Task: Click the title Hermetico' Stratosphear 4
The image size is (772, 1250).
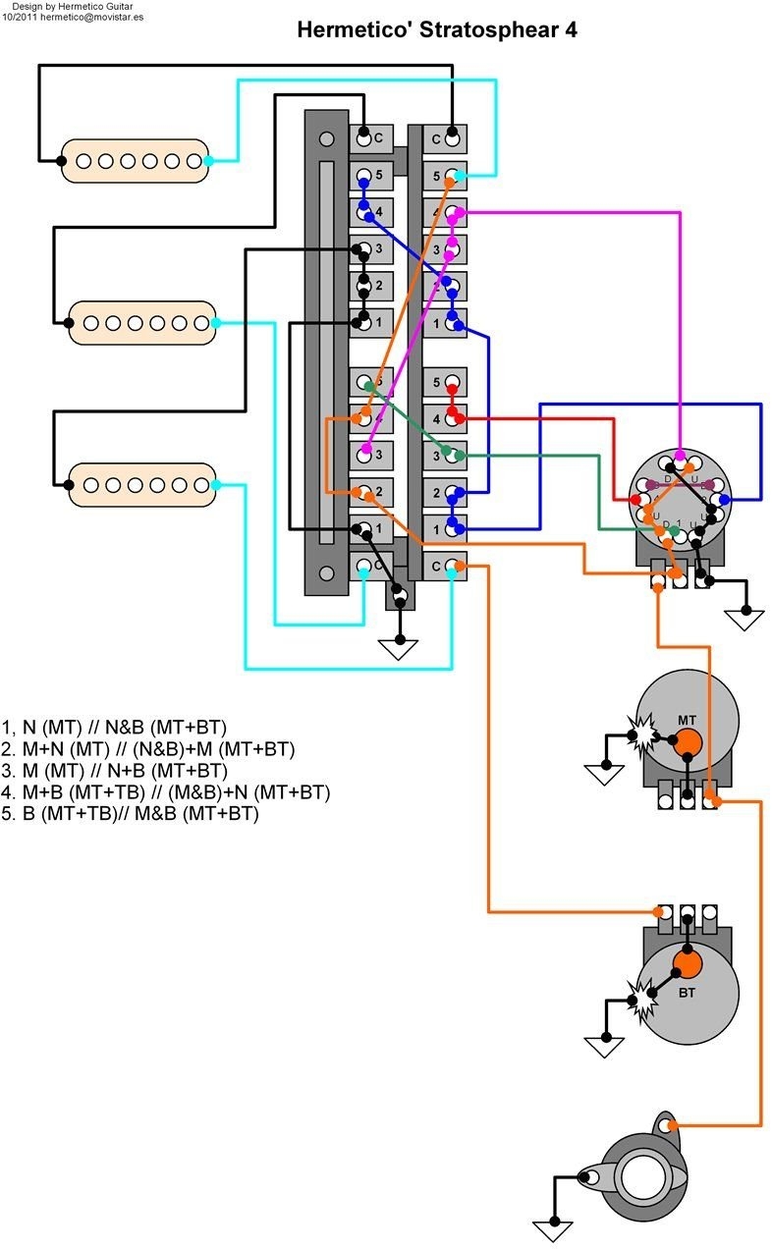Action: (436, 30)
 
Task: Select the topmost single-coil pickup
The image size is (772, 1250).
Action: (135, 161)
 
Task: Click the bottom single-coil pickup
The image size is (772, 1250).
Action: (141, 485)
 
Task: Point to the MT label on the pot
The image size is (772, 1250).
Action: (687, 721)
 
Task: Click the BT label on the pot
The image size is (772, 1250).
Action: (687, 993)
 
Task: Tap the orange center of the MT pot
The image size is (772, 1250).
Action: (688, 743)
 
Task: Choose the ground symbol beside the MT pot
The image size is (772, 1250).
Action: (604, 775)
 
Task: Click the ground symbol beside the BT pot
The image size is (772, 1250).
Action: (604, 1046)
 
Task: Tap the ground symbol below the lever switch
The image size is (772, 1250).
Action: (399, 648)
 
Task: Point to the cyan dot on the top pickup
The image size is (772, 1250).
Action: (208, 160)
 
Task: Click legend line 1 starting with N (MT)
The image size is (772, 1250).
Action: (114, 728)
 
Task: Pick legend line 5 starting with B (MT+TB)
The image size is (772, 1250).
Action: (131, 813)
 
